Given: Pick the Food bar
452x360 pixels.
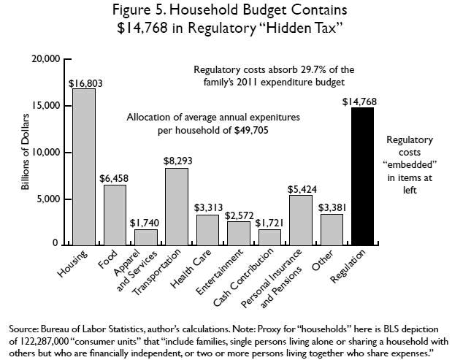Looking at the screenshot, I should tap(115, 215).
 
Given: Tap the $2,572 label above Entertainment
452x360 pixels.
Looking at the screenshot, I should tap(240, 215).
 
